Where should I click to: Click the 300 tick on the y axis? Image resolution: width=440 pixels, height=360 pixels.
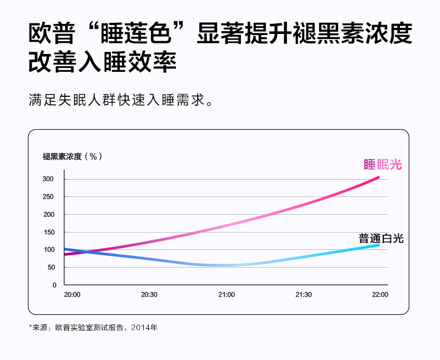click(x=48, y=179)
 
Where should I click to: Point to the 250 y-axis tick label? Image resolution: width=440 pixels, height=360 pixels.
click(x=48, y=197)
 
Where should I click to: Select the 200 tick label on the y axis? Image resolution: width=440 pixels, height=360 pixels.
click(x=48, y=215)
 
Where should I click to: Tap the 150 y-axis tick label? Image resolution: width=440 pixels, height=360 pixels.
click(x=48, y=232)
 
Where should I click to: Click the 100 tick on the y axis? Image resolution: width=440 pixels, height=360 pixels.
click(x=48, y=250)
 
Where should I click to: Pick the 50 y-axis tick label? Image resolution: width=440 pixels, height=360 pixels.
click(x=51, y=268)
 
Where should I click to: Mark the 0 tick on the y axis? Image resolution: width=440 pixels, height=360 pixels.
click(x=54, y=285)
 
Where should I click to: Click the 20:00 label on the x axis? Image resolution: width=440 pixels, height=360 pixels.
click(x=72, y=294)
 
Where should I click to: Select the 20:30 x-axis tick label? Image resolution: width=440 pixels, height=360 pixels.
click(x=149, y=294)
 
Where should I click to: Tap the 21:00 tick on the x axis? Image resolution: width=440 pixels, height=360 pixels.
click(x=227, y=294)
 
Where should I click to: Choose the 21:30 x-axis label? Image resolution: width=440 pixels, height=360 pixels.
click(x=304, y=294)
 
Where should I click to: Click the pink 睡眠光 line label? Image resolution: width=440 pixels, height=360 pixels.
click(x=383, y=164)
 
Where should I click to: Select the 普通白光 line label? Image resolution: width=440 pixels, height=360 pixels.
click(x=381, y=239)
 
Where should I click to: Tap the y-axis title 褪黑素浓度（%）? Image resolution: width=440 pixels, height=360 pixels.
click(x=72, y=156)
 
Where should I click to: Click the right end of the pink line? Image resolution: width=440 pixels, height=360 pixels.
click(x=378, y=177)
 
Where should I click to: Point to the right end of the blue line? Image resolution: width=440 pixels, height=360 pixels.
click(x=378, y=245)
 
